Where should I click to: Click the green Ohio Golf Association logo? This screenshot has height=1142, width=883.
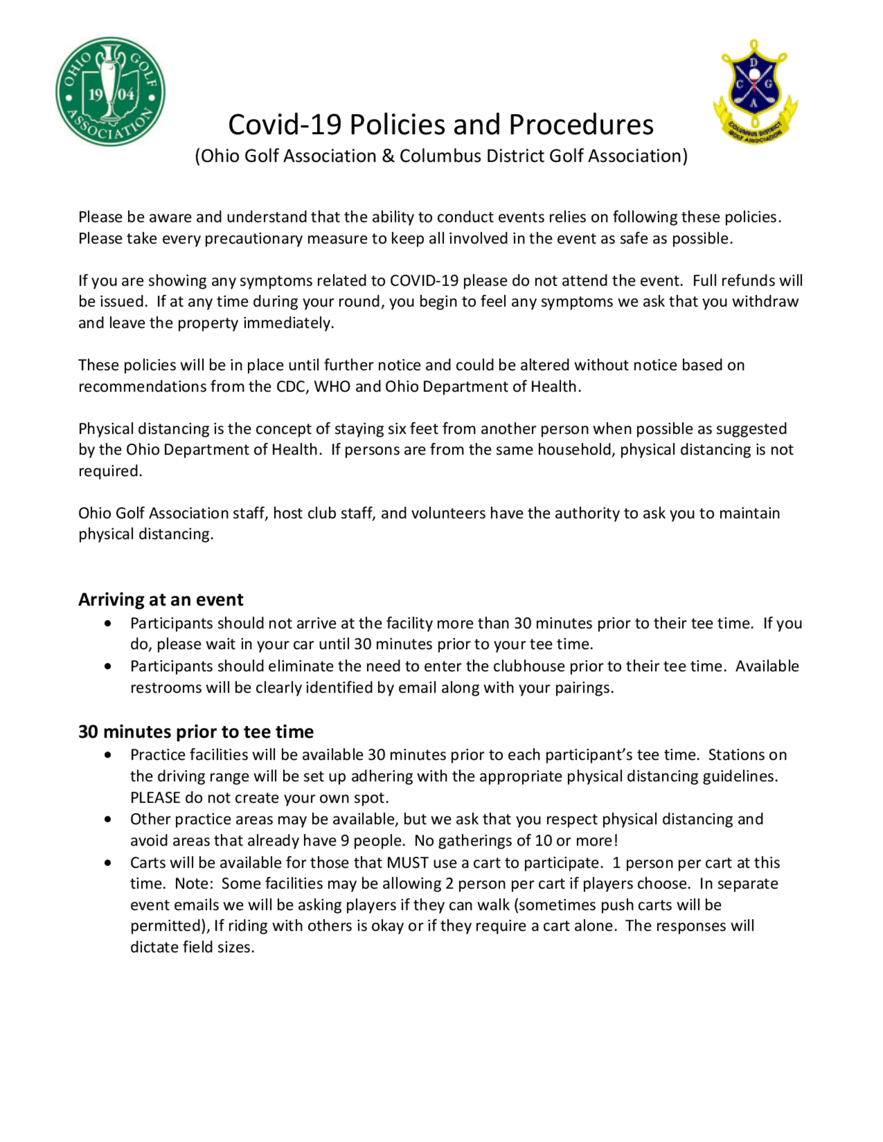pos(110,91)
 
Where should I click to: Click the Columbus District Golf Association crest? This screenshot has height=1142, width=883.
pos(755,90)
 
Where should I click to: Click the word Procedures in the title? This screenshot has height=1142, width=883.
pos(581,124)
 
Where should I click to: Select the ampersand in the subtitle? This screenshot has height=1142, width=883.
pos(388,156)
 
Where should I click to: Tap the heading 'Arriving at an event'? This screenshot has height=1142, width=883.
pos(161,599)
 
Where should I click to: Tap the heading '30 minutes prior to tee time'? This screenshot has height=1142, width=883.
pos(196,732)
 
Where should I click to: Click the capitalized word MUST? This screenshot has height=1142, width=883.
pos(408,862)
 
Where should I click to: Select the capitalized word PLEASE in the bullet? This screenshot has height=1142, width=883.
pos(155,797)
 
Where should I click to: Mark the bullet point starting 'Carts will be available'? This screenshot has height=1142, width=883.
pos(108,863)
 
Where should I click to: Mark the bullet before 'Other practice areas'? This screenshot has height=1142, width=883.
pos(108,819)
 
